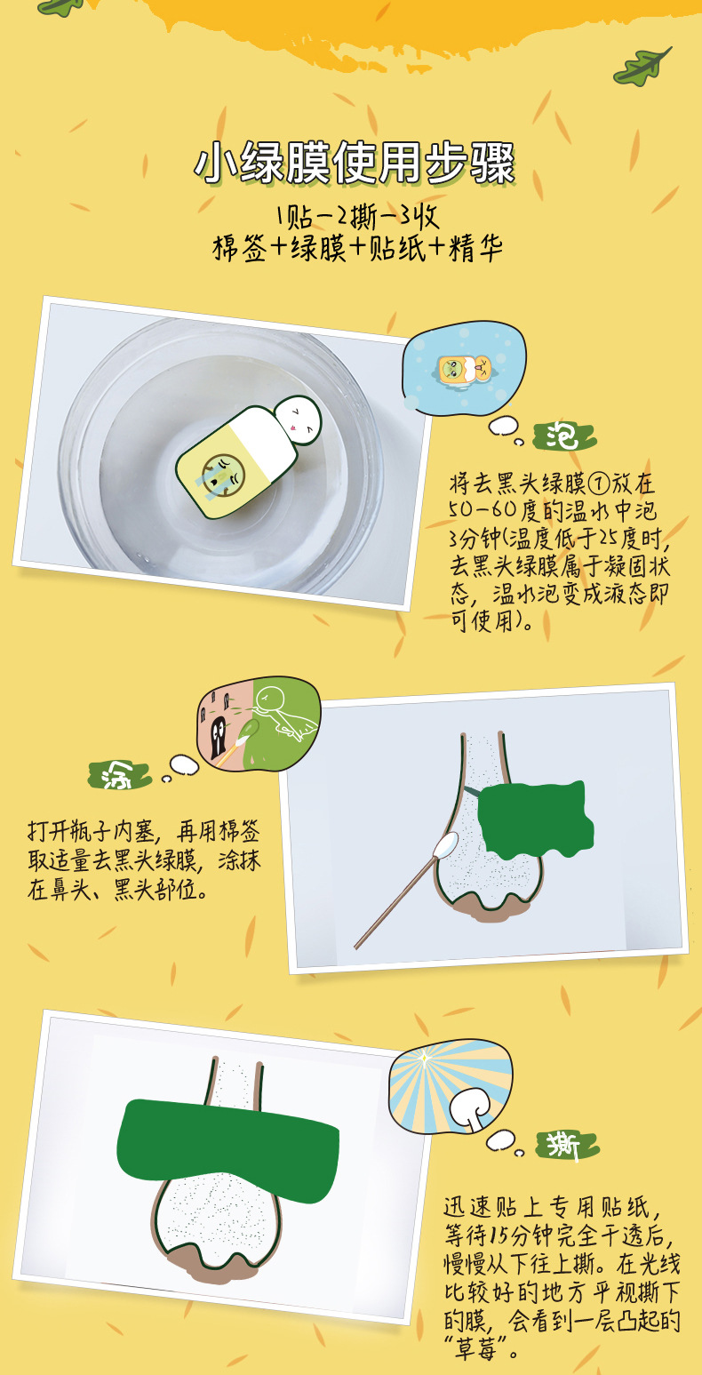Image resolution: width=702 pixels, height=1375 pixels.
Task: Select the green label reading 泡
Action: coord(563,436)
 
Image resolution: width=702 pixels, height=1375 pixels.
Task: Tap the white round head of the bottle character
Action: coord(296,419)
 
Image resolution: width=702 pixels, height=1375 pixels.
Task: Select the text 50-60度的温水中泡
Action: coord(554,511)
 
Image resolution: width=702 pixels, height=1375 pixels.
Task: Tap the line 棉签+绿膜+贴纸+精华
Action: coord(356,249)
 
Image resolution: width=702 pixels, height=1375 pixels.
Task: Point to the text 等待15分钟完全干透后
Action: coord(560,1236)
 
